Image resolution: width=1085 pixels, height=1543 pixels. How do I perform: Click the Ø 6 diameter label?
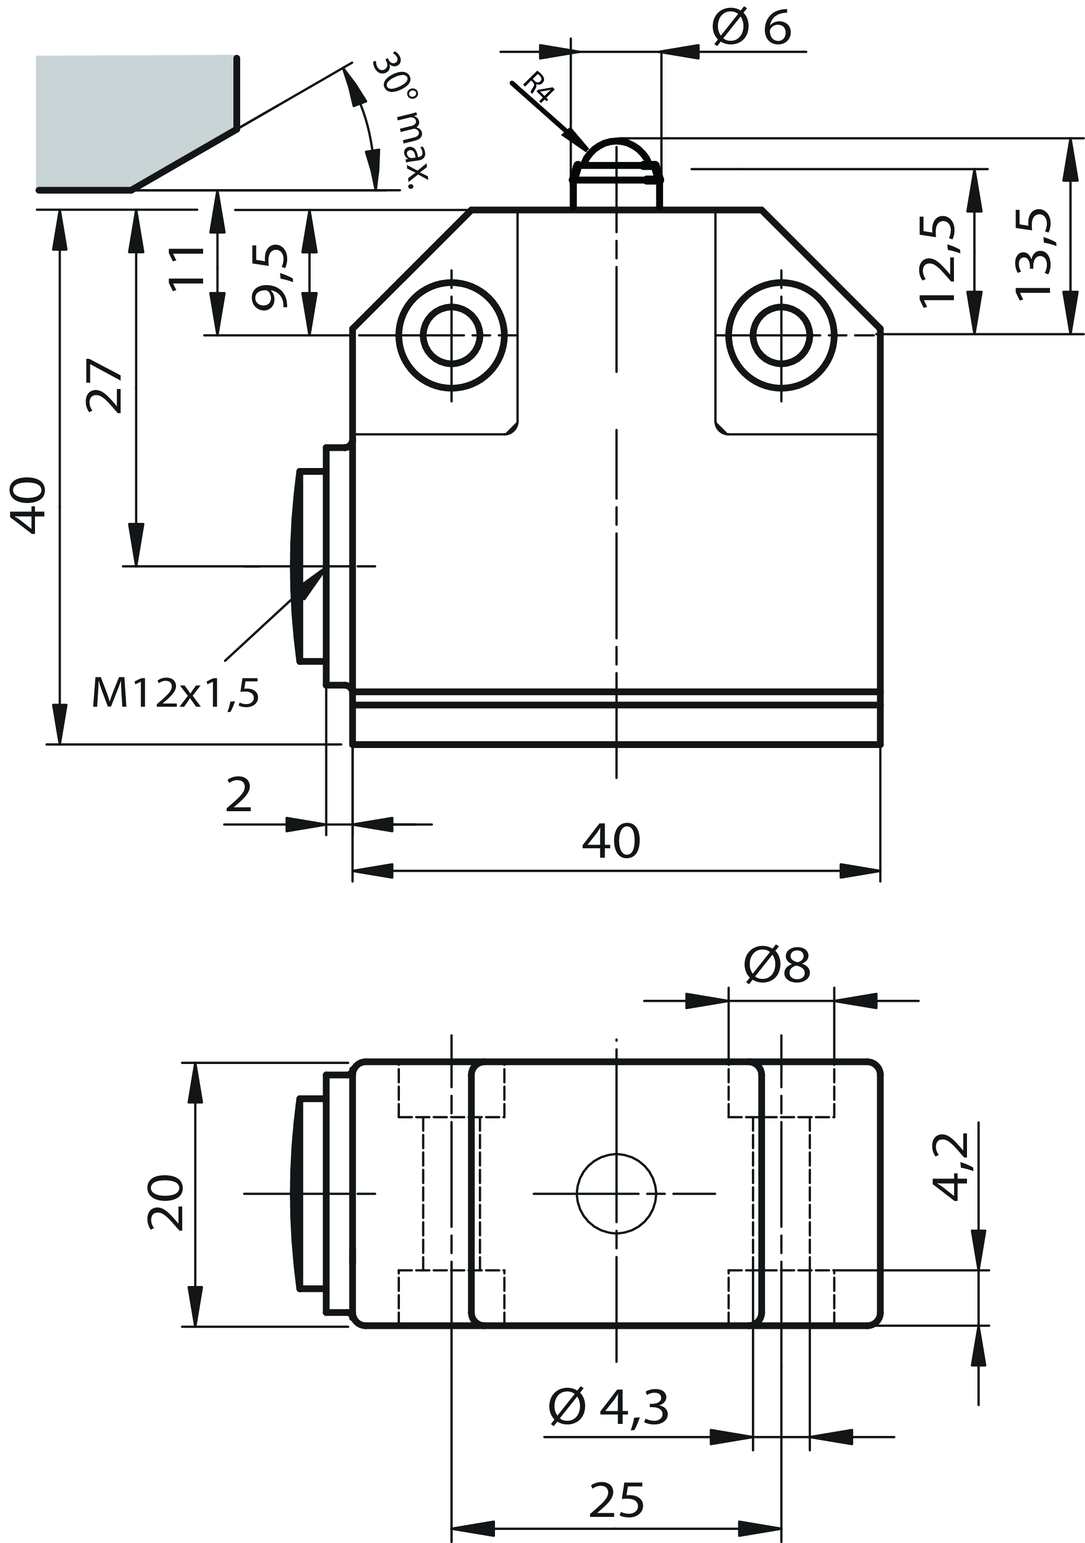(752, 28)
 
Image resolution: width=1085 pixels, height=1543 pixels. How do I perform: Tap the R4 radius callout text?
(537, 86)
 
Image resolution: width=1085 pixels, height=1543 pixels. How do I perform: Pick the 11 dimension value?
(186, 267)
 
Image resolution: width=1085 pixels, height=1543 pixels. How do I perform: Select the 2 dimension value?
(239, 795)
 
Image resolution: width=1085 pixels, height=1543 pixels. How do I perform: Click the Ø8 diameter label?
(777, 966)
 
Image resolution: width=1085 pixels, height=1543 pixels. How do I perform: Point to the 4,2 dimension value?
(952, 1167)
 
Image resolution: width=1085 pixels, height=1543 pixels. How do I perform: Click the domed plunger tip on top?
(616, 158)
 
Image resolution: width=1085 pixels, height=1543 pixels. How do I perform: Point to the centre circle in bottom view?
(616, 1194)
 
